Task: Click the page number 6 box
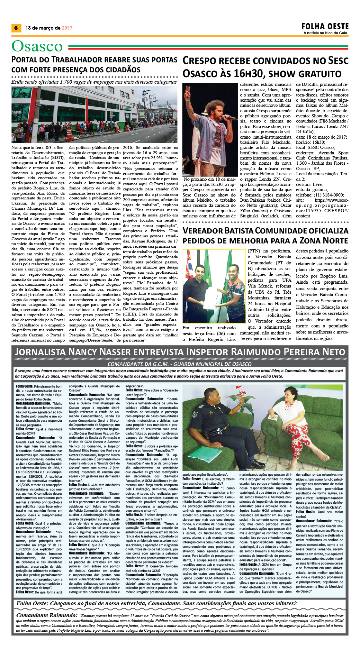tap(16, 28)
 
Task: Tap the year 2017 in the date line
tap(67, 28)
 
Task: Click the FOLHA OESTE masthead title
tap(325, 26)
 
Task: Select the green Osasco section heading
tap(37, 46)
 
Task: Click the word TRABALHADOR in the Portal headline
tap(87, 60)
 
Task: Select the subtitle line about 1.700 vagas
tap(94, 82)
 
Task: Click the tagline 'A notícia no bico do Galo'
tap(326, 33)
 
